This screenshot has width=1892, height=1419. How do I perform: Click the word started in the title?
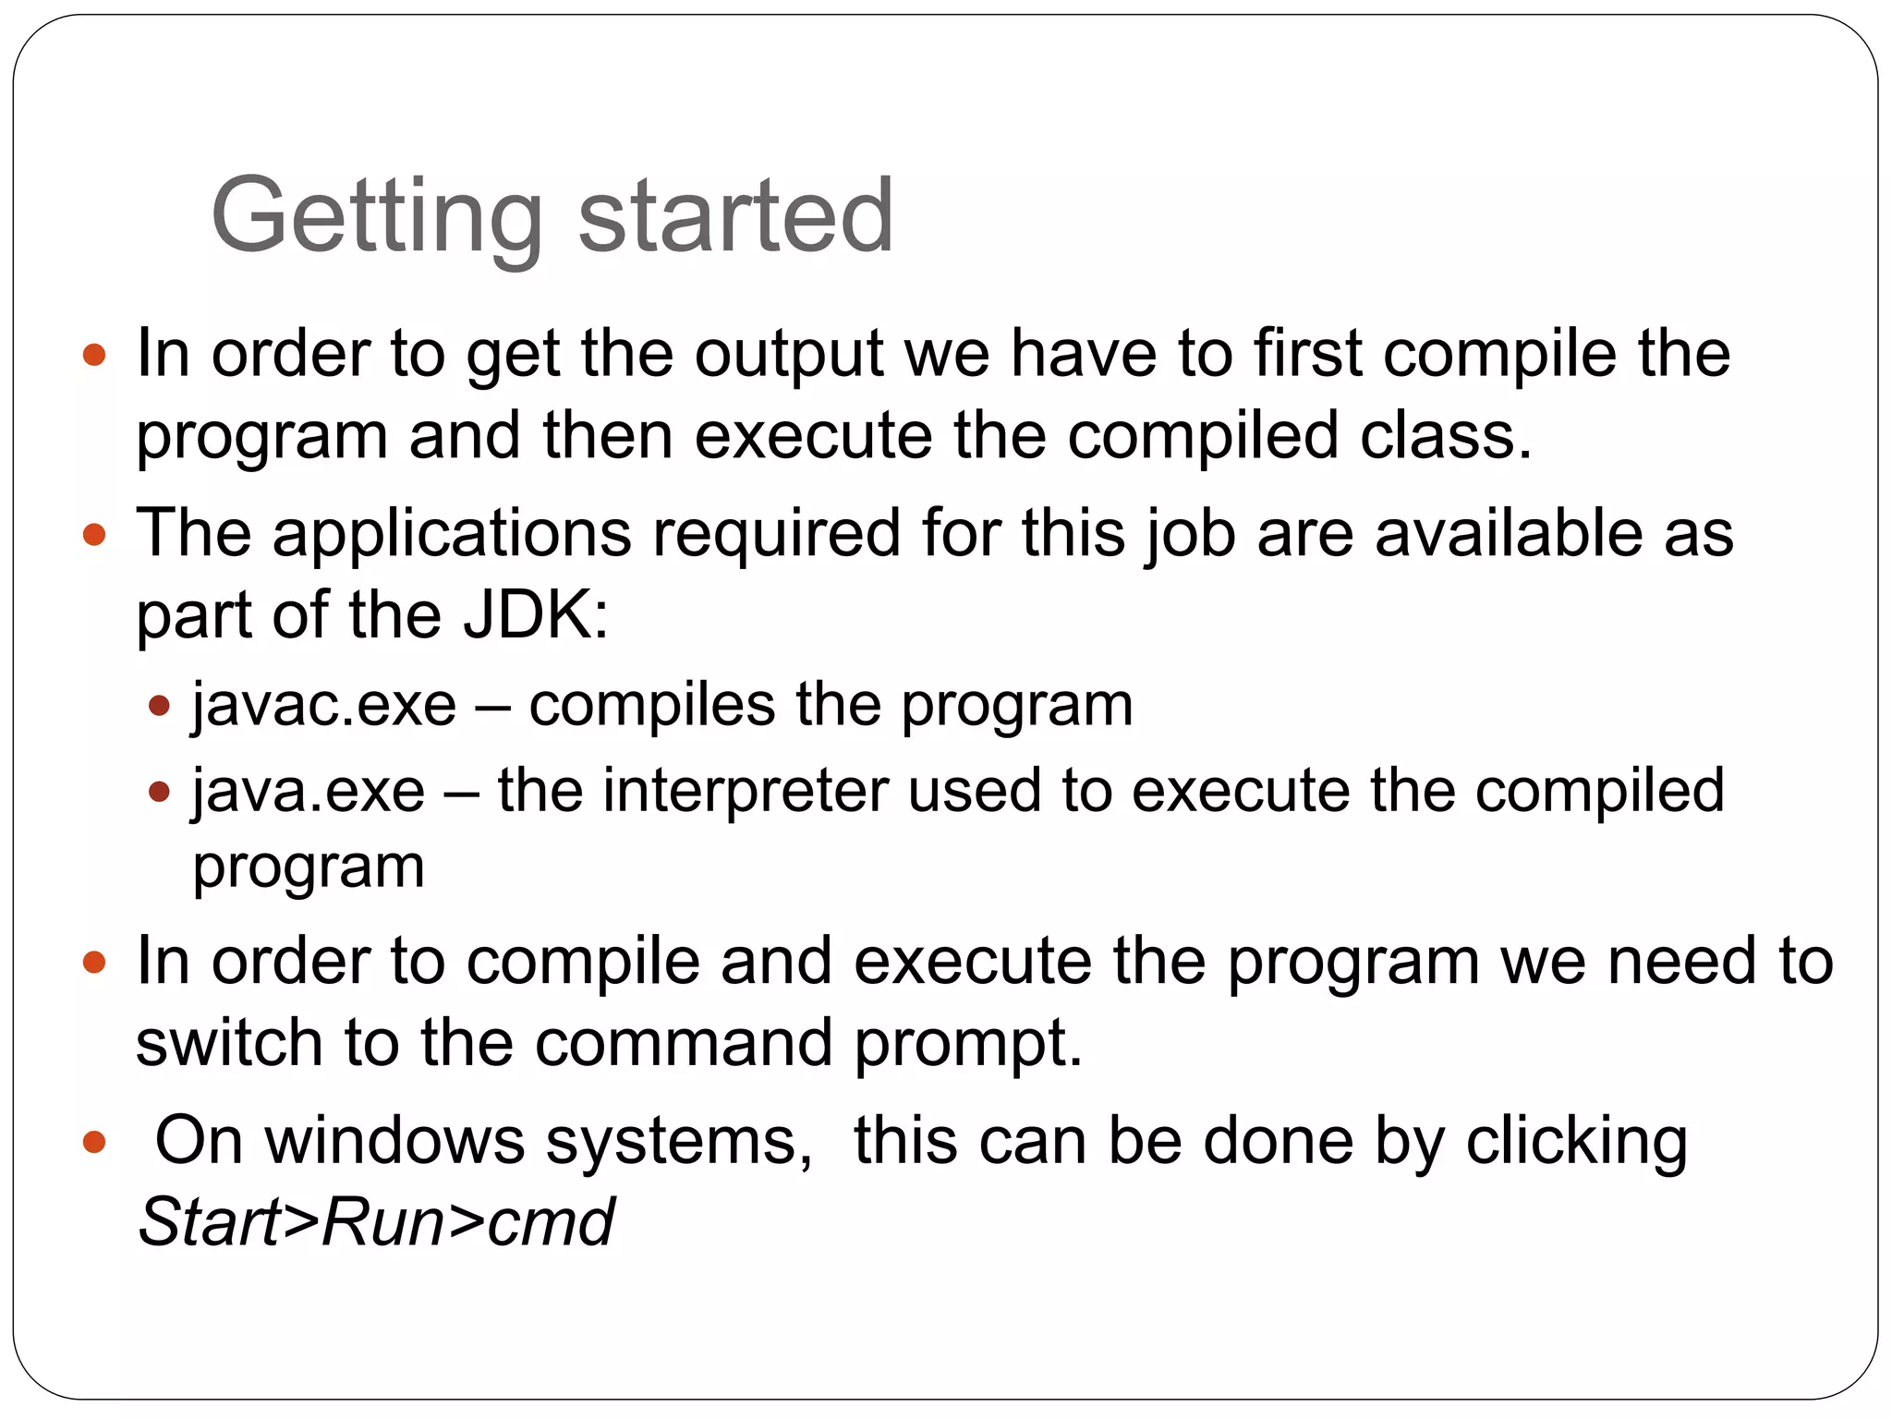(735, 217)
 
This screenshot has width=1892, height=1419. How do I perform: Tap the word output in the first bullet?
(790, 356)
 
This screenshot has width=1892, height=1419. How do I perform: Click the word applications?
(452, 534)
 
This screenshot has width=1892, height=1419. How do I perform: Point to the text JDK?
(536, 616)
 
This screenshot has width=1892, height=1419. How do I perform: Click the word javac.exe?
(324, 706)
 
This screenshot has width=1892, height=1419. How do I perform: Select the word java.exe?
(309, 792)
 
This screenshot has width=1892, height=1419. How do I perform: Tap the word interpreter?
(745, 792)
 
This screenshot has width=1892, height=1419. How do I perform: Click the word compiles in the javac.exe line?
(651, 706)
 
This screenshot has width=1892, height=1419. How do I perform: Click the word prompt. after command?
(968, 1044)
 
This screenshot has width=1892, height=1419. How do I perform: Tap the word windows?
(395, 1141)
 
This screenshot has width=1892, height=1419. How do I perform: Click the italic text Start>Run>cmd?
(375, 1222)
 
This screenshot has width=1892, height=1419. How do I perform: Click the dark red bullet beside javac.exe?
(160, 707)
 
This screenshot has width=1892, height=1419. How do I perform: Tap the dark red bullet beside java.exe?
(160, 793)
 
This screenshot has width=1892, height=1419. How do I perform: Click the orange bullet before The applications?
(94, 534)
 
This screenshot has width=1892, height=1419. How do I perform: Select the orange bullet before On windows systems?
(94, 1143)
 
